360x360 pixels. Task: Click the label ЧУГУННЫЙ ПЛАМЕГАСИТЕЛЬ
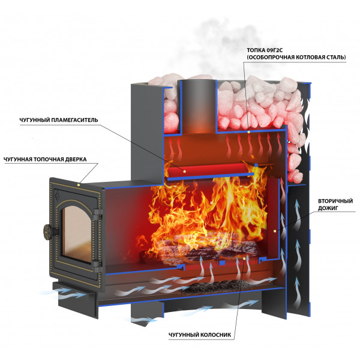pyautogui.click(x=59, y=121)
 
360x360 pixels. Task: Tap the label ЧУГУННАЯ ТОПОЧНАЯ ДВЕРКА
pyautogui.click(x=45, y=160)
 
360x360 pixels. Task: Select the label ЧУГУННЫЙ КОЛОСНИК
pyautogui.click(x=200, y=335)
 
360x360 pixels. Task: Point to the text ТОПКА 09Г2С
pyautogui.click(x=265, y=50)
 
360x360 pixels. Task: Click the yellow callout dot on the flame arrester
pyautogui.click(x=184, y=171)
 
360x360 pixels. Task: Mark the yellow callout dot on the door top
pyautogui.click(x=79, y=185)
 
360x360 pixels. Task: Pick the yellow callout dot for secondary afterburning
pyautogui.click(x=275, y=231)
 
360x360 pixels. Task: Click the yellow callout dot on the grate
pyautogui.click(x=244, y=259)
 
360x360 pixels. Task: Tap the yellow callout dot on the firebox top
pyautogui.click(x=248, y=132)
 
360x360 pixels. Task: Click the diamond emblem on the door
pyautogui.click(x=58, y=194)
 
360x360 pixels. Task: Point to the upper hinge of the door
pyautogui.click(x=98, y=212)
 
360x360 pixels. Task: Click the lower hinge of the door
pyautogui.click(x=98, y=266)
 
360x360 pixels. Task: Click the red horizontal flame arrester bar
pyautogui.click(x=208, y=170)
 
